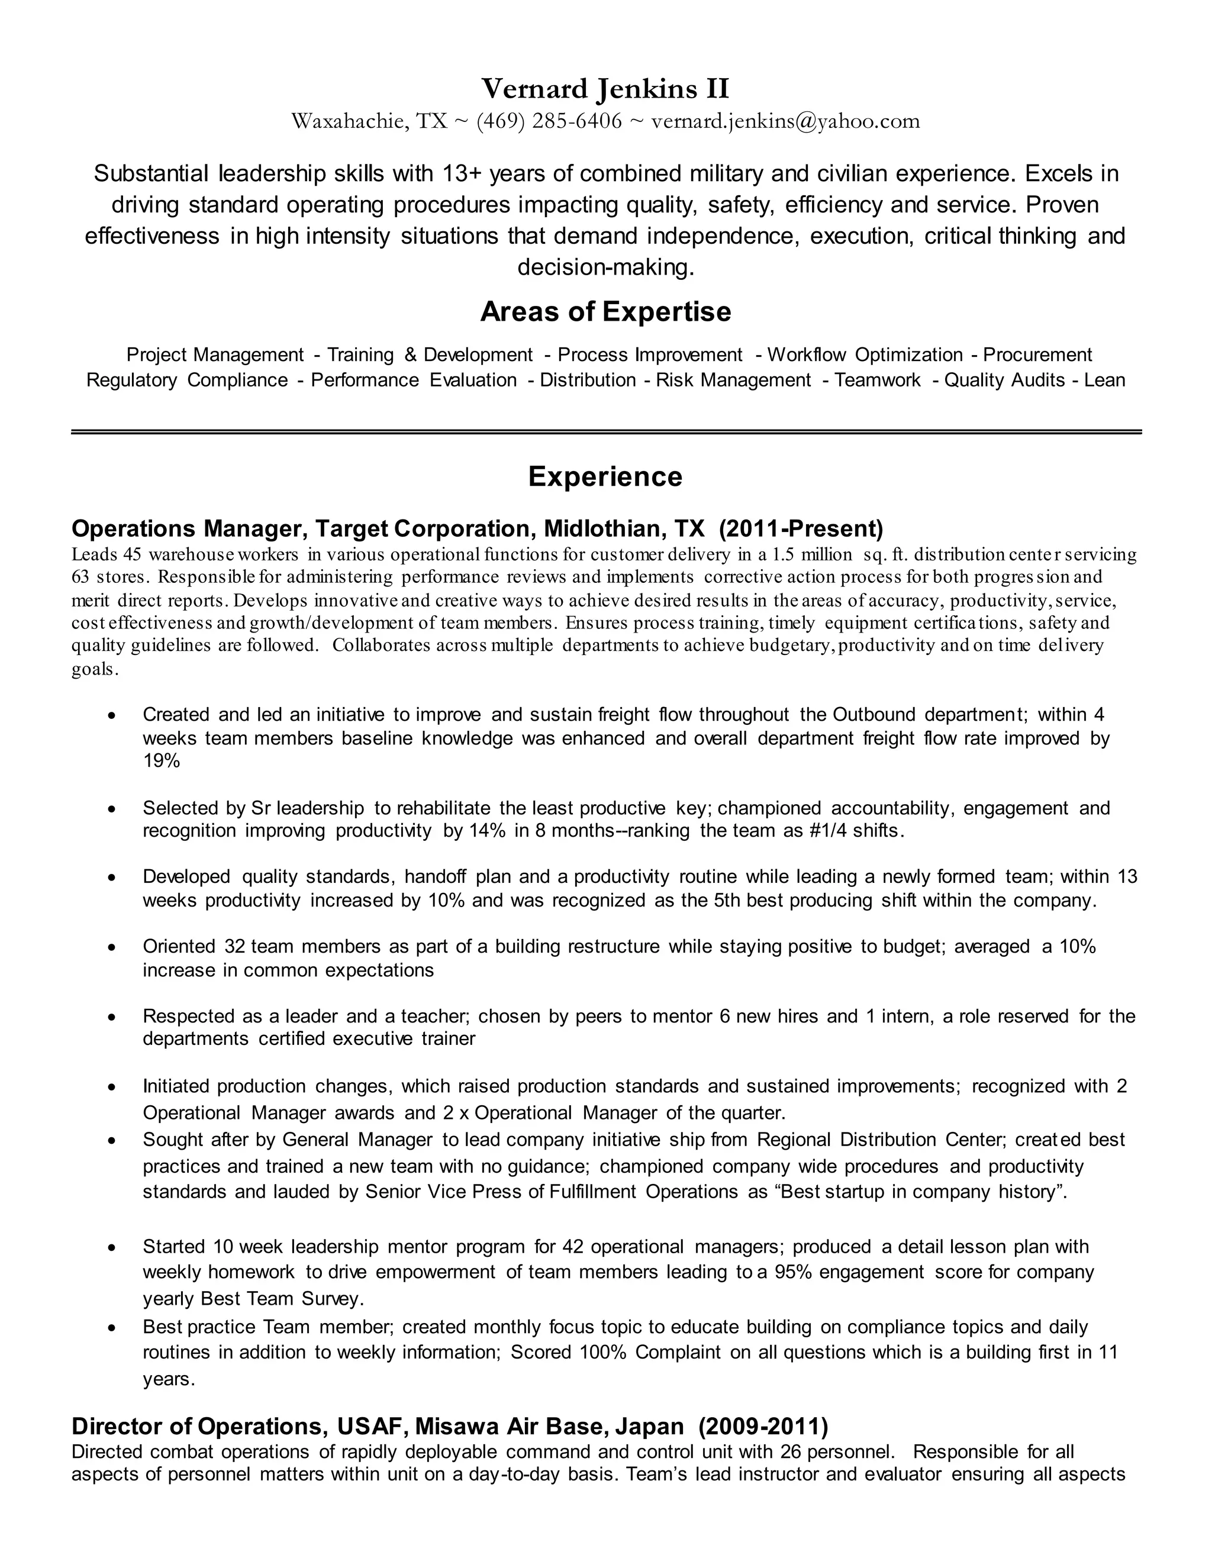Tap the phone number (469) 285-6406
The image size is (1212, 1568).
(549, 121)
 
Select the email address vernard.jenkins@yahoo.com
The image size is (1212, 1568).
(785, 121)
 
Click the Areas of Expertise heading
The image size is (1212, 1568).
(605, 312)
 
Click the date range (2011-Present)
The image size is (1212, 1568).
(801, 529)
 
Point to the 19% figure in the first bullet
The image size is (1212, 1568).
(161, 761)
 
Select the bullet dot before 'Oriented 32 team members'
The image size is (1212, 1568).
(111, 948)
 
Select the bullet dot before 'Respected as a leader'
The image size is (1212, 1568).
(111, 1017)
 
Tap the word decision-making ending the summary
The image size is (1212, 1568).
(605, 267)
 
